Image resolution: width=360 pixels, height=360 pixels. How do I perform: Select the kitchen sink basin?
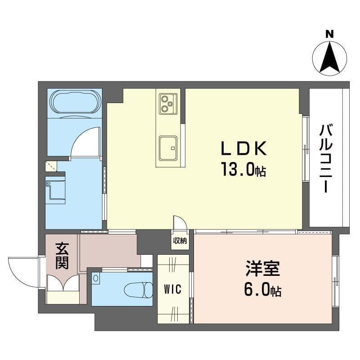168,148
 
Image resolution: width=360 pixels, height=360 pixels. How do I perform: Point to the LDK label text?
244,148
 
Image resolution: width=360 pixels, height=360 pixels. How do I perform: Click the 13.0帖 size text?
243,169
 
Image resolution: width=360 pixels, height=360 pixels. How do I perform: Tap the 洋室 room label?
263,268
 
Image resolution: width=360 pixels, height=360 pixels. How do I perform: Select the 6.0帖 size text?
262,290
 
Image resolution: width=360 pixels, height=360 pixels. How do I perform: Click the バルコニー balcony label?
326,158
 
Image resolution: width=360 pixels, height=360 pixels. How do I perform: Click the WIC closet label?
173,289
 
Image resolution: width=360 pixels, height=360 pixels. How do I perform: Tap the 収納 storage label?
180,241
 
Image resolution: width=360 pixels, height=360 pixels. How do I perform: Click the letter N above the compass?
330,35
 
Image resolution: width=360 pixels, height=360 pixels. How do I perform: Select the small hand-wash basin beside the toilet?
96,279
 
